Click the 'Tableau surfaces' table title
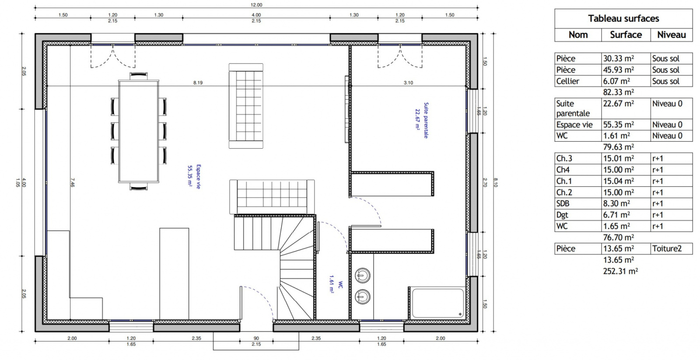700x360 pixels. click(623, 18)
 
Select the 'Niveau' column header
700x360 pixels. click(672, 35)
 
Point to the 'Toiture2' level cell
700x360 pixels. click(671, 249)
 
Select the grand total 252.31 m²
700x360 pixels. click(621, 271)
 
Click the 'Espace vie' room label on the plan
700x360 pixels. click(198, 177)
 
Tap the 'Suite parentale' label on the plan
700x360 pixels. click(426, 120)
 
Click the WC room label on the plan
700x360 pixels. click(340, 285)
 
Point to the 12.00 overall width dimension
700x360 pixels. click(256, 5)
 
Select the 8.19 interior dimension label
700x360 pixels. click(198, 83)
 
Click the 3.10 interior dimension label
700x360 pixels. click(408, 83)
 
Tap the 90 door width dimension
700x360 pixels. click(256, 338)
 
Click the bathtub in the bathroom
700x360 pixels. click(437, 303)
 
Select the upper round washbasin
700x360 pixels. click(363, 276)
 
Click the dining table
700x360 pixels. click(138, 131)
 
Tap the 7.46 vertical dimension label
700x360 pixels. click(73, 183)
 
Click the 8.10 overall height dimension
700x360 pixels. click(496, 182)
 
